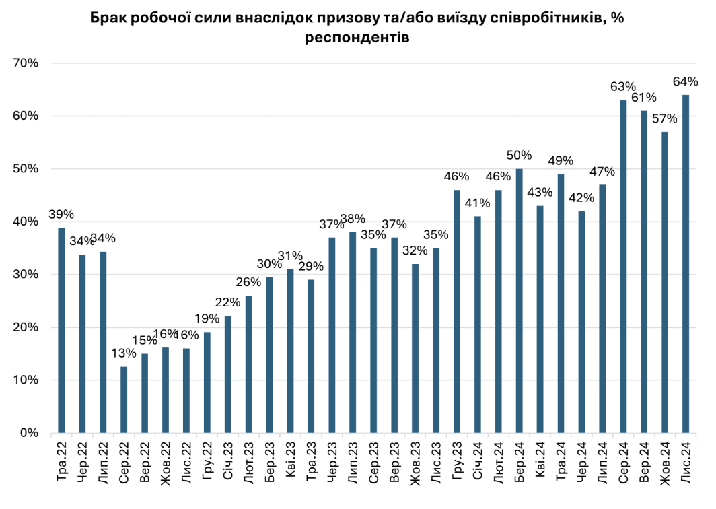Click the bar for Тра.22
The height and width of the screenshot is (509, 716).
click(61, 330)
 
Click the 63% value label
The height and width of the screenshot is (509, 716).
click(623, 87)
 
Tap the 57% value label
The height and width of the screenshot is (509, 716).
click(665, 118)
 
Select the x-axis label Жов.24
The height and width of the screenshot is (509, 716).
click(665, 464)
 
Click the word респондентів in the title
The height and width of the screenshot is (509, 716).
click(357, 38)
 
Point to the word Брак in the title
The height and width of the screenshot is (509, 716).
click(109, 18)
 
